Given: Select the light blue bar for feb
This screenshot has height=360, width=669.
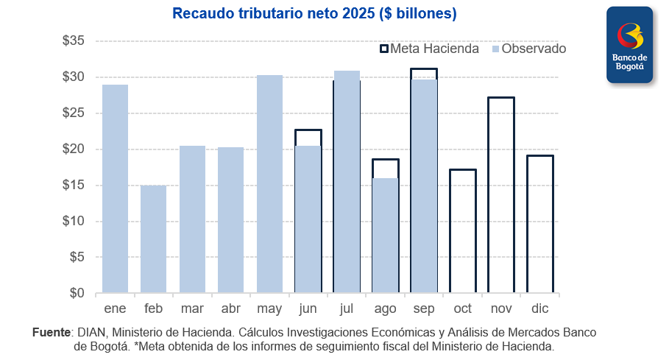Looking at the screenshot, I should click(x=153, y=239).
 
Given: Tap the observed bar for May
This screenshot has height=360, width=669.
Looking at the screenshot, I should click(x=269, y=184).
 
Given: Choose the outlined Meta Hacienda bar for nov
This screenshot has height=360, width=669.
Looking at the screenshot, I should click(x=501, y=195).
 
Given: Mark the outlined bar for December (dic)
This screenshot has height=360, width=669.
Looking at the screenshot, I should click(x=539, y=225).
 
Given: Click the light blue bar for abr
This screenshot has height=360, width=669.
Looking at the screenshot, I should click(x=230, y=220).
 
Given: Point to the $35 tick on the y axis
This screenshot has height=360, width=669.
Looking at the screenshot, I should click(x=74, y=41).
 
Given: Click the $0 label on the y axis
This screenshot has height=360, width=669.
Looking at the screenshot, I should click(x=77, y=293).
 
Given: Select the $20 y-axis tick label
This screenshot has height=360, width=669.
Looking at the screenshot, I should click(x=74, y=149).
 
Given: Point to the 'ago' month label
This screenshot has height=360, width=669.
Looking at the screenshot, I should click(x=385, y=308).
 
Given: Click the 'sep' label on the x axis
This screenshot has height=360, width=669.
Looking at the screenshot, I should click(x=424, y=308).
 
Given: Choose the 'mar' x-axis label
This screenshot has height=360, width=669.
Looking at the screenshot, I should click(x=192, y=308).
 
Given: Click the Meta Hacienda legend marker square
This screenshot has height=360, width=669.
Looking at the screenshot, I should click(x=383, y=49).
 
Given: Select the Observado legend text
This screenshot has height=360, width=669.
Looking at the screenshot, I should click(x=534, y=49).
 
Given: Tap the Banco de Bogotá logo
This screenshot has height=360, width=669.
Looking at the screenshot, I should click(x=629, y=43).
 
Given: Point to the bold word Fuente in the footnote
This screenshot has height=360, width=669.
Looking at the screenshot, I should click(x=52, y=333).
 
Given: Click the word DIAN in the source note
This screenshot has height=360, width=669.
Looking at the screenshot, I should click(x=92, y=333).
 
